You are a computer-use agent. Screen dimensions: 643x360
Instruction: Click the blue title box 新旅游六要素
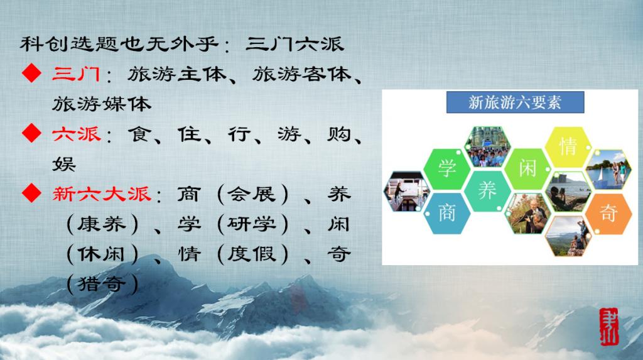coord(515,102)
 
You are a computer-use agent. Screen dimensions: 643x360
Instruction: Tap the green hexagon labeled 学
coord(447,168)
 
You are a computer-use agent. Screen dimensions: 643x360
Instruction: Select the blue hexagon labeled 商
coord(447,212)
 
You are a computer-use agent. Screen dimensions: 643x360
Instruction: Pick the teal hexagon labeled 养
coord(487,190)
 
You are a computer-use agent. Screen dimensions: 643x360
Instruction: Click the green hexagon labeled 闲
coord(527,168)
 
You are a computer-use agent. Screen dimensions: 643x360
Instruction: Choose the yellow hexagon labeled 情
coord(568,146)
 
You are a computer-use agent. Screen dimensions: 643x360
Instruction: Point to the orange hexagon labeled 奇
coord(608,212)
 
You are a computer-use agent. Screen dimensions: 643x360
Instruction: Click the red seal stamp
coord(608,327)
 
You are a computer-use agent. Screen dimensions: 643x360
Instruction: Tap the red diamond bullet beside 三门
coord(31,74)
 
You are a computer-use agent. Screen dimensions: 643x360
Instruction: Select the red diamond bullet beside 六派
coord(31,133)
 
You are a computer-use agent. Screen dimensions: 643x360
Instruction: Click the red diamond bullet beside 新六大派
coord(31,193)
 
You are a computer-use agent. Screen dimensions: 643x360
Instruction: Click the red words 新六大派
coord(102,194)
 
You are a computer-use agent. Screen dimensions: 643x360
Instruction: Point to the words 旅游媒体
coord(102,104)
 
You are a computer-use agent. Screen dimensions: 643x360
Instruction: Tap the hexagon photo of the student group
coord(487,146)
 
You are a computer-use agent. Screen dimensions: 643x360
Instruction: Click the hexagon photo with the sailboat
coord(608,169)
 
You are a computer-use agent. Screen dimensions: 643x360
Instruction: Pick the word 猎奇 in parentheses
coord(102,283)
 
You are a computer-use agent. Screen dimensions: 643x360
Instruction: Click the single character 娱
coord(64,164)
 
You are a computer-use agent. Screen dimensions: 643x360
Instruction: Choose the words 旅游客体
coord(302,74)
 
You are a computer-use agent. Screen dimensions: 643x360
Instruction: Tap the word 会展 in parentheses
coord(252,194)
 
